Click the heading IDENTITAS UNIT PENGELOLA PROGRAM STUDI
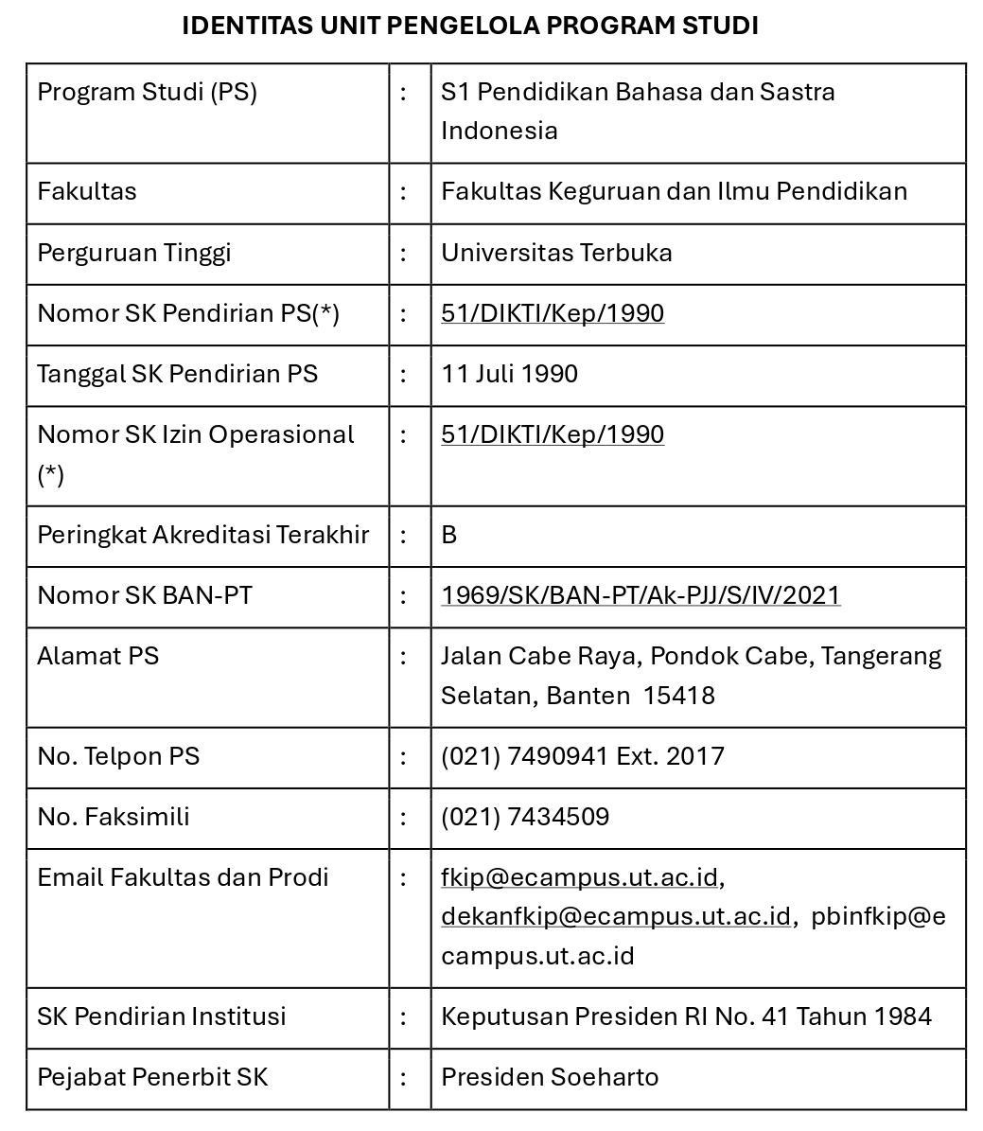pos(470,26)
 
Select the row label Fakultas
pos(87,191)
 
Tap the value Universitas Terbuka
pos(556,253)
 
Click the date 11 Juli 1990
pos(509,374)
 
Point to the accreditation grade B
pos(449,535)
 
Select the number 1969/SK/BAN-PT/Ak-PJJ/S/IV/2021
pos(641,595)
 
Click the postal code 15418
pos(679,696)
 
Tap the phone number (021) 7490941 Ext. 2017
pos(583,756)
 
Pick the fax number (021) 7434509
pos(525,817)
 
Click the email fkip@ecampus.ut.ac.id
pos(579,877)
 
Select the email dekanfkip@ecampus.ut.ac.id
pos(615,916)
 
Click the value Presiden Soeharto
pos(550,1077)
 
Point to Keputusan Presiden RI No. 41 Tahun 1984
pos(686,1016)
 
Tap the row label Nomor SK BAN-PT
pos(145,595)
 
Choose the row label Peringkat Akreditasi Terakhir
pos(202,535)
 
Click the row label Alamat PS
pos(98,656)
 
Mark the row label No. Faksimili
pos(114,817)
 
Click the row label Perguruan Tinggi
pos(134,253)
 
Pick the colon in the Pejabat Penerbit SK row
pos(404,1077)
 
